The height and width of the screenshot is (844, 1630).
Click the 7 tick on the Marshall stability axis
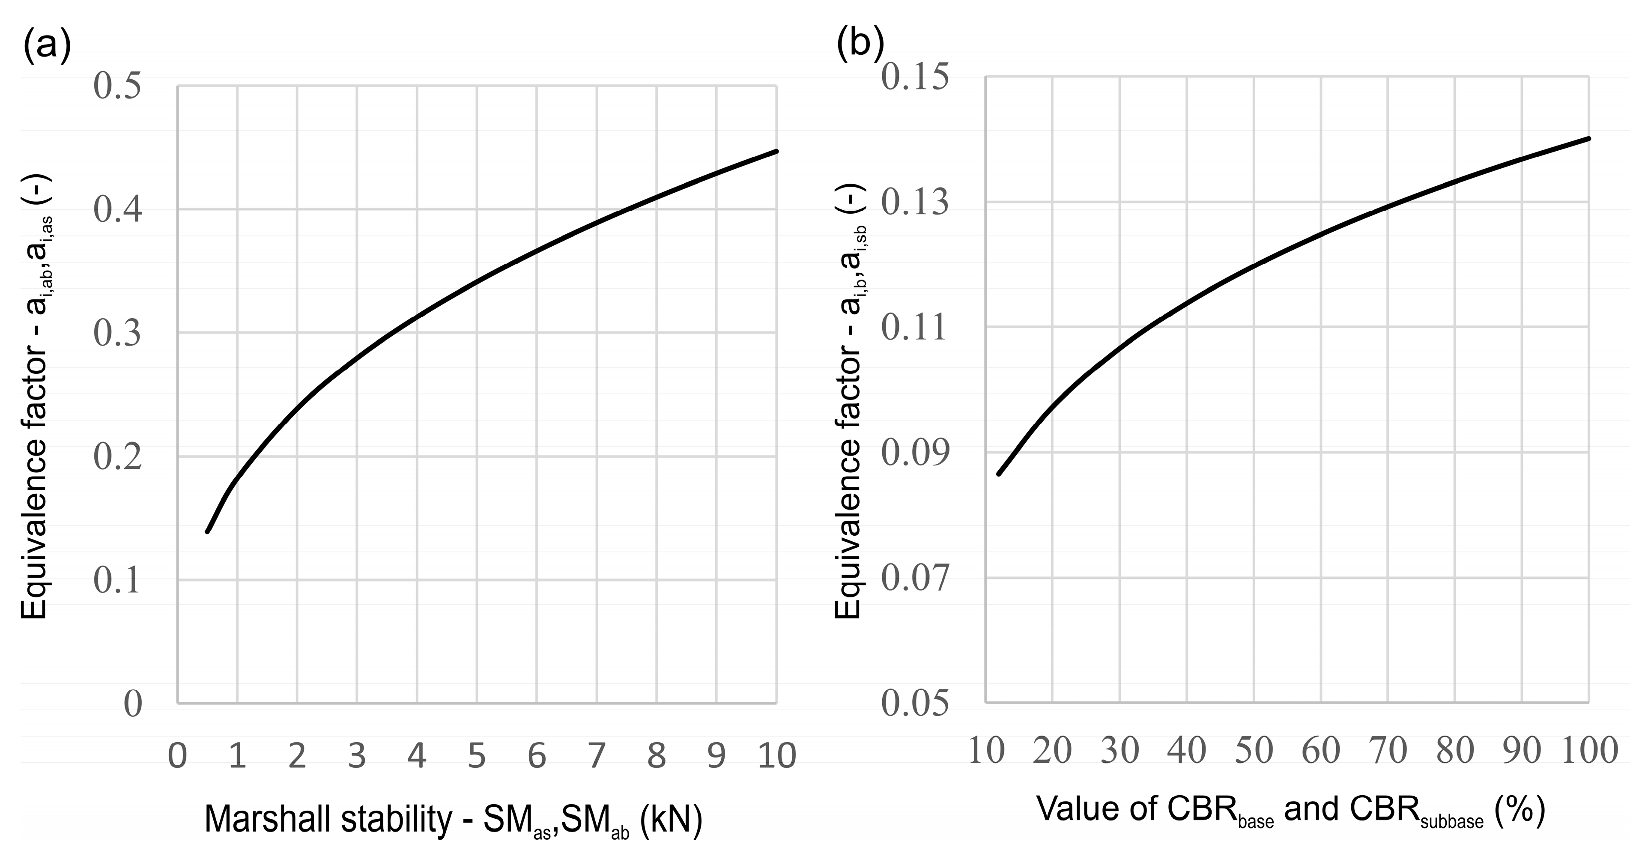pos(596,755)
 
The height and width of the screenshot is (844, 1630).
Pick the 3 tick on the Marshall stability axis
pos(357,755)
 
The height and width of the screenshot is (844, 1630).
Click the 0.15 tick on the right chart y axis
pos(915,77)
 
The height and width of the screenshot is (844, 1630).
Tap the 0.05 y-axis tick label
pos(915,703)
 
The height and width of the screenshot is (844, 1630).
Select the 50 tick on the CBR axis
pos(1254,750)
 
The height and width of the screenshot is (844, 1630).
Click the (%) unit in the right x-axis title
pos(1520,809)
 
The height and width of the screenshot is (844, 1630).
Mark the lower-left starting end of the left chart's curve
pos(207,531)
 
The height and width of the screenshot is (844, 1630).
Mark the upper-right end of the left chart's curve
pos(776,151)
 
